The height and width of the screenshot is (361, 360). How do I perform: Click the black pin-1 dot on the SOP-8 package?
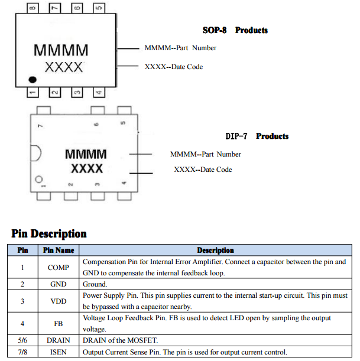(x=33, y=79)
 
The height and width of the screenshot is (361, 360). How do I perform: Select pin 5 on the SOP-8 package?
(x=98, y=8)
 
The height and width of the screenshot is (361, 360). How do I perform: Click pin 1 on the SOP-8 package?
(x=33, y=93)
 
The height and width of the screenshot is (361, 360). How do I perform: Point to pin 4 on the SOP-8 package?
(x=98, y=93)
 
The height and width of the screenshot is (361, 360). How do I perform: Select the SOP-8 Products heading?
(x=235, y=30)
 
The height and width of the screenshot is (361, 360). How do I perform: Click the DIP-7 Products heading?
(x=257, y=136)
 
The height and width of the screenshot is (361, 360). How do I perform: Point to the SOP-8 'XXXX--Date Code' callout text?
(x=173, y=67)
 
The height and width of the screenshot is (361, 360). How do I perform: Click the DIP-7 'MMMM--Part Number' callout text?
(x=205, y=154)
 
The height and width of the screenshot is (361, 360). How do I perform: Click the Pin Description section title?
(x=49, y=234)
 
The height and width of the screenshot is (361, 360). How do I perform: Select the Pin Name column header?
(x=59, y=251)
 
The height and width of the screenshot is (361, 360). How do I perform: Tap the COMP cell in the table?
(x=59, y=268)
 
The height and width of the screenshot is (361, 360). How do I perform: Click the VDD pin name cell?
(x=59, y=301)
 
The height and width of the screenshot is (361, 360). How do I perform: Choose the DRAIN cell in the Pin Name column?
(x=59, y=340)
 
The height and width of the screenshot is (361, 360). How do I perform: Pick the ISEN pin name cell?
(x=59, y=352)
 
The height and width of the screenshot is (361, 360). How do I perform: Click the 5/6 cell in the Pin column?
(x=22, y=340)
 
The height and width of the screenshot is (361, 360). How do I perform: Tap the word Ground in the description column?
(x=96, y=284)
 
